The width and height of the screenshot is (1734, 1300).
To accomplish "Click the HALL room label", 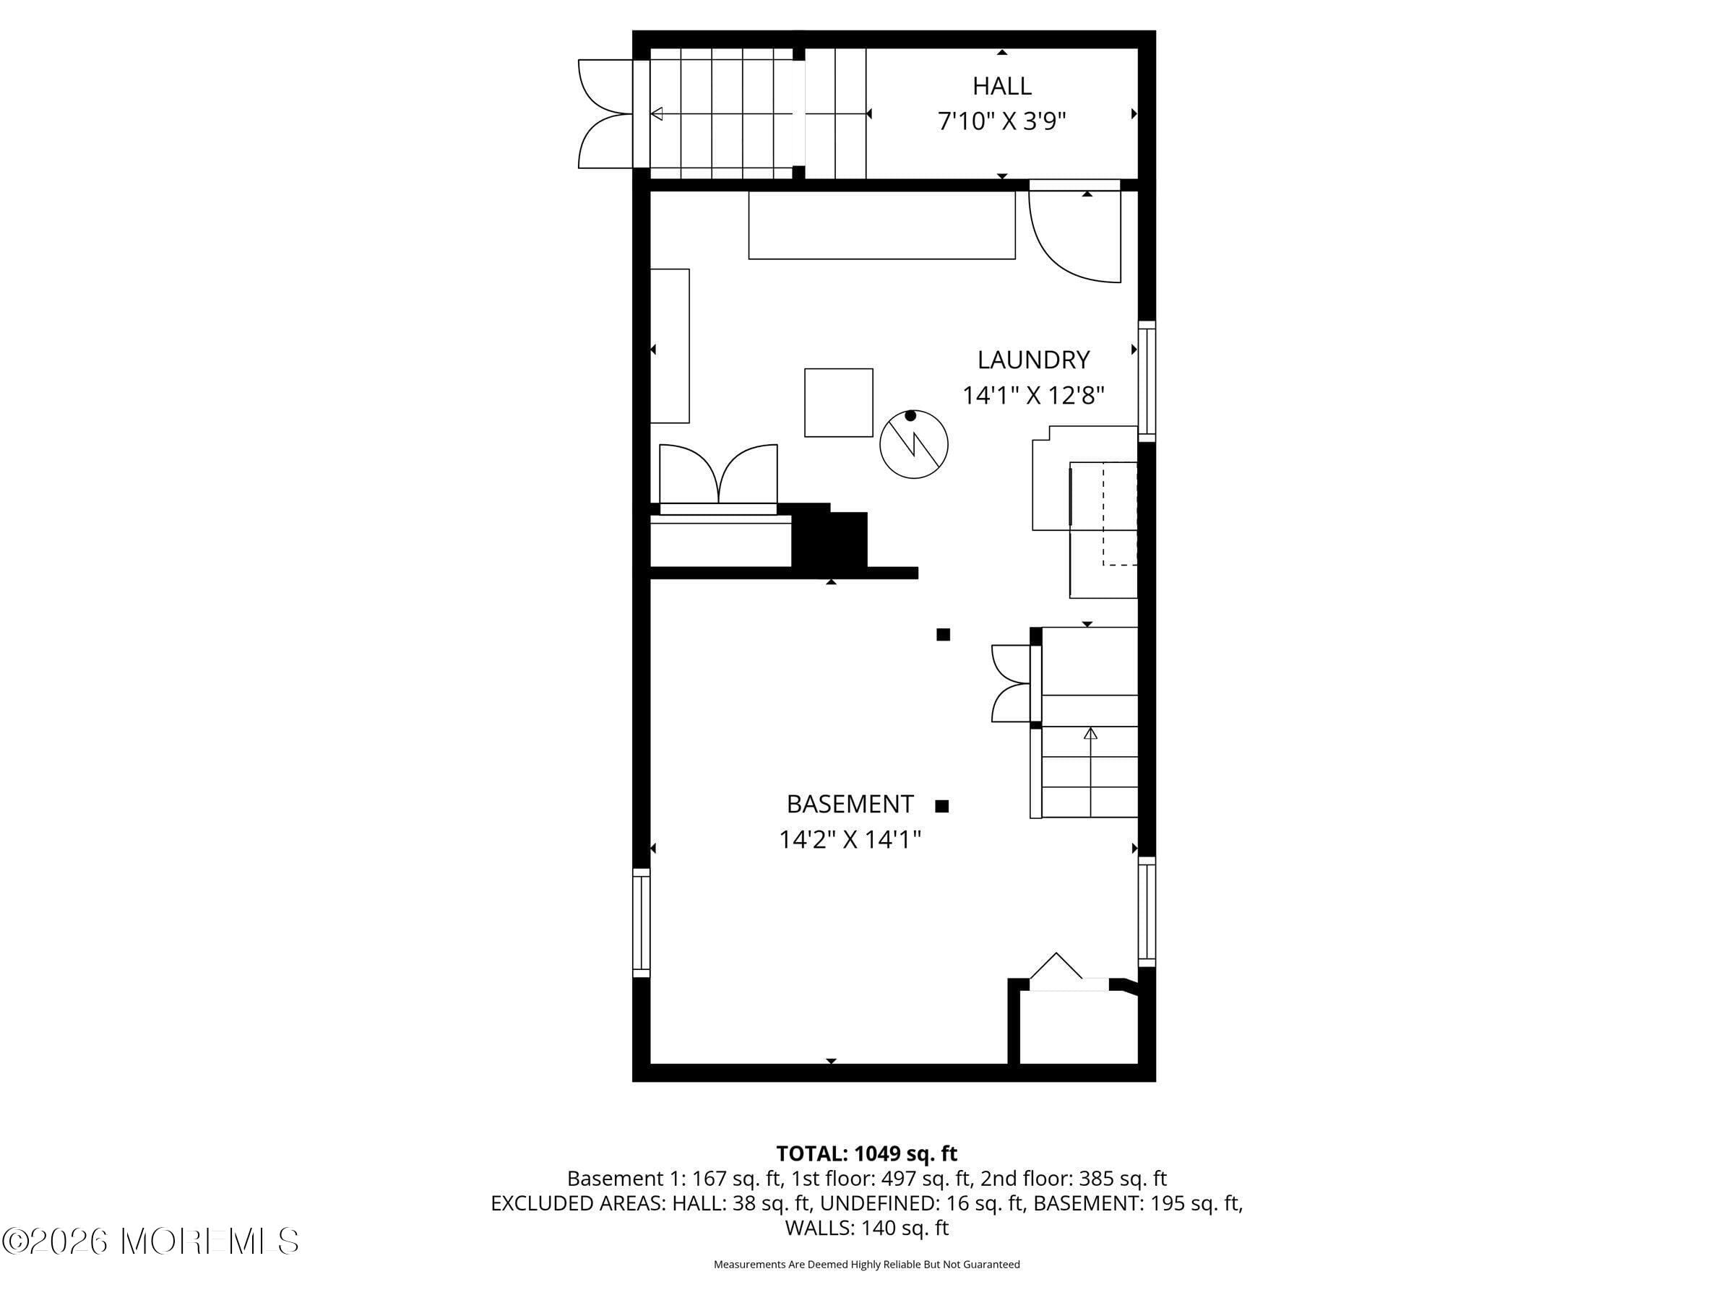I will [1001, 85].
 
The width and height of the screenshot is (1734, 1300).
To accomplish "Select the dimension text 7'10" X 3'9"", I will [1001, 121].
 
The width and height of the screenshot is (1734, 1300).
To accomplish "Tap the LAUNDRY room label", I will [1032, 360].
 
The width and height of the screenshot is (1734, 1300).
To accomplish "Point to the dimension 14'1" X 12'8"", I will [1032, 396].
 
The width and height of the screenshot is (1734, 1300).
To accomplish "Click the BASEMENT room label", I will [849, 804].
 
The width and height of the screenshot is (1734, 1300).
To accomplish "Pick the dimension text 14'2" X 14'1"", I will [849, 840].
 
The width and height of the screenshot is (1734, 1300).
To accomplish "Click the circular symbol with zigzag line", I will [913, 444].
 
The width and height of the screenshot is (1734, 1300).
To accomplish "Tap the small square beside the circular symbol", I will [838, 403].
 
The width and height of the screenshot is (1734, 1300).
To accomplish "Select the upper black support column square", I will [943, 635].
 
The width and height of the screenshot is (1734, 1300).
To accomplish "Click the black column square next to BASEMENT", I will [941, 805].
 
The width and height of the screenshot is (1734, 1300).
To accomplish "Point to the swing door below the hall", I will [1074, 235].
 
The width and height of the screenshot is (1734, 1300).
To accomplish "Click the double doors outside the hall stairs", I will [603, 113].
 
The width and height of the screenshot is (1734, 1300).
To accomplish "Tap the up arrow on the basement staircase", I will [1090, 734].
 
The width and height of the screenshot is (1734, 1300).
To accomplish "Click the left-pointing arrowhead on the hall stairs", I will [657, 113].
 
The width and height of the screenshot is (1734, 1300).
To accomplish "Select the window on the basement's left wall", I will [642, 922].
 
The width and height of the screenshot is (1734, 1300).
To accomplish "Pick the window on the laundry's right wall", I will [1146, 381].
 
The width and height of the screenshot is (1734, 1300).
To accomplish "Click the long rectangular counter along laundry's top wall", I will [881, 225].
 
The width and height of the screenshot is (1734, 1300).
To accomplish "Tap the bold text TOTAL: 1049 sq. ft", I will [866, 1153].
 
